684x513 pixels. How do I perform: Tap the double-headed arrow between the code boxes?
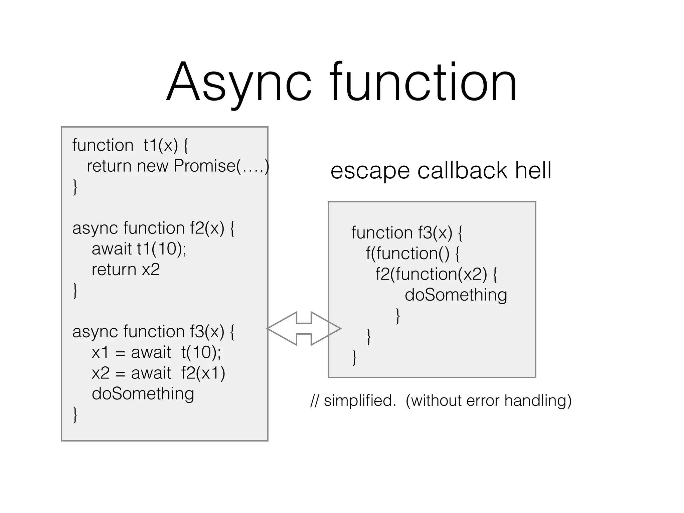(304, 329)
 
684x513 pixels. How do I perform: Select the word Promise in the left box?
(204, 166)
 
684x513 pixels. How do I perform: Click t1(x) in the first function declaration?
(161, 145)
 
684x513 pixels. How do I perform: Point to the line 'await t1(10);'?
(139, 249)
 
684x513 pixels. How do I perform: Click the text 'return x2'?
(126, 270)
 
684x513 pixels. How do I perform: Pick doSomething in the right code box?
(456, 295)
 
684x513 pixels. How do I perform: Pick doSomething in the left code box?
(143, 394)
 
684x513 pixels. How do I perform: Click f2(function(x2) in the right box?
(431, 274)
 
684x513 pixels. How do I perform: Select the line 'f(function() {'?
(412, 253)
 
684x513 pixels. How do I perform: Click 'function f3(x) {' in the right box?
(407, 233)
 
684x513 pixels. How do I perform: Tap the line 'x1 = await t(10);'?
(156, 352)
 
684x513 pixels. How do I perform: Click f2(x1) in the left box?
(203, 373)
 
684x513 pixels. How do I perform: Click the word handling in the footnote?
(537, 400)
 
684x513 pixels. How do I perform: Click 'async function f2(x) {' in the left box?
(153, 228)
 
